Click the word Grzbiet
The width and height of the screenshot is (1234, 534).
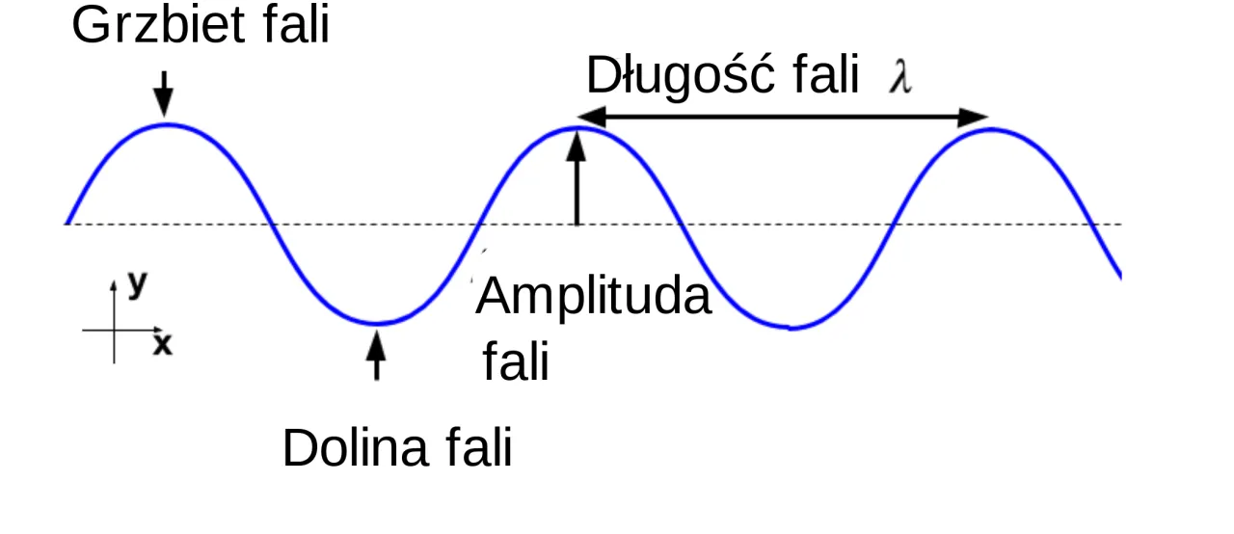click(158, 26)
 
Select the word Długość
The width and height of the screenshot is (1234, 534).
click(681, 76)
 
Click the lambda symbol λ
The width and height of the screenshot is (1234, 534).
click(900, 76)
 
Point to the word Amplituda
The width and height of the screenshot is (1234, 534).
click(593, 297)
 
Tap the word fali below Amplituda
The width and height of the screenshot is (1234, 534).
click(516, 361)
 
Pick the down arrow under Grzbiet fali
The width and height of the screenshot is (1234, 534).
click(164, 93)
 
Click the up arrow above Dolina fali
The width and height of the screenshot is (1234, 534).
click(376, 355)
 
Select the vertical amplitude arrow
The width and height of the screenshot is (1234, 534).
click(577, 177)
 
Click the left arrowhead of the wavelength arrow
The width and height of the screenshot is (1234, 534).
click(591, 117)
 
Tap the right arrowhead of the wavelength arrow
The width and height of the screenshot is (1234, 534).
click(974, 118)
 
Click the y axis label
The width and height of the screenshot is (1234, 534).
click(138, 284)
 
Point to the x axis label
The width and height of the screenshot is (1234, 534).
click(163, 345)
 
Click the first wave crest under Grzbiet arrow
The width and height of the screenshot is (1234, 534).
click(167, 125)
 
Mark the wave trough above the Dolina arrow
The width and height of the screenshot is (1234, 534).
click(377, 323)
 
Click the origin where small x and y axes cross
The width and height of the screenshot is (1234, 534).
click(114, 331)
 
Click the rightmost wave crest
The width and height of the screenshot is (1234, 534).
click(992, 130)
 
